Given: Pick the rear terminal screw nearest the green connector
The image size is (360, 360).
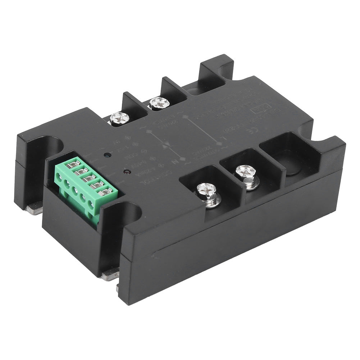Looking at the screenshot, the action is click(119, 118).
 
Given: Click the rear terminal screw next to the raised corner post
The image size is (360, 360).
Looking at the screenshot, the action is click(159, 103).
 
